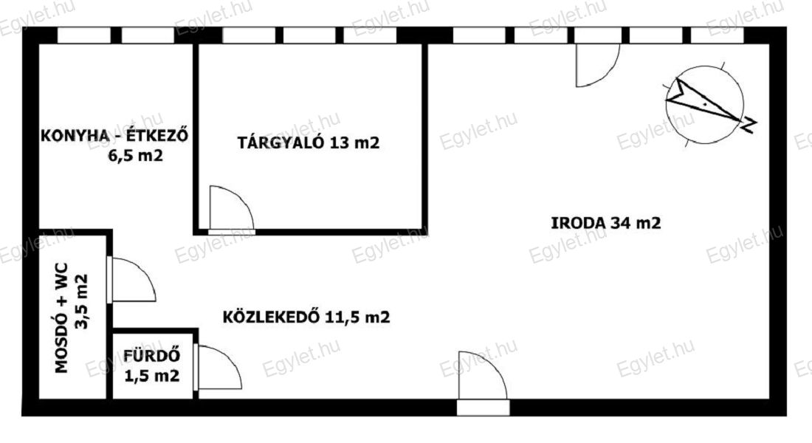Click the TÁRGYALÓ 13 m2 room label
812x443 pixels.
pyautogui.click(x=309, y=142)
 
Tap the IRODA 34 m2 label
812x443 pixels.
pyautogui.click(x=605, y=223)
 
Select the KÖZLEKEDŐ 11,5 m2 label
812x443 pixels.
pyautogui.click(x=306, y=317)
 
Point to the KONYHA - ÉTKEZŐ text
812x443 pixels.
pyautogui.click(x=114, y=136)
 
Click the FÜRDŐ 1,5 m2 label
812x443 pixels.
pyautogui.click(x=152, y=365)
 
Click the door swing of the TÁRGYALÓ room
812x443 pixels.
pyautogui.click(x=232, y=208)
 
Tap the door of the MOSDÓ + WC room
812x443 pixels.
pyautogui.click(x=132, y=279)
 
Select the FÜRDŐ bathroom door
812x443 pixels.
pyautogui.click(x=219, y=368)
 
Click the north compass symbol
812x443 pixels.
pyautogui.click(x=705, y=105)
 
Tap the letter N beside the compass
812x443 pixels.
pyautogui.click(x=749, y=125)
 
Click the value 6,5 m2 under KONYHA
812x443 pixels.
pyautogui.click(x=135, y=156)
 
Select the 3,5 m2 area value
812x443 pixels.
pyautogui.click(x=81, y=301)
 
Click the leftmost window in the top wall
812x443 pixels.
pyautogui.click(x=83, y=35)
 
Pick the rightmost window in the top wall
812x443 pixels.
pyautogui.click(x=718, y=35)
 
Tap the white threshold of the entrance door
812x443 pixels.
pyautogui.click(x=484, y=408)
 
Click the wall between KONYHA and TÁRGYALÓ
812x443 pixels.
pyautogui.click(x=196, y=139)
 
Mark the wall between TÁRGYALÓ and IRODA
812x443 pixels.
pyautogui.click(x=424, y=139)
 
